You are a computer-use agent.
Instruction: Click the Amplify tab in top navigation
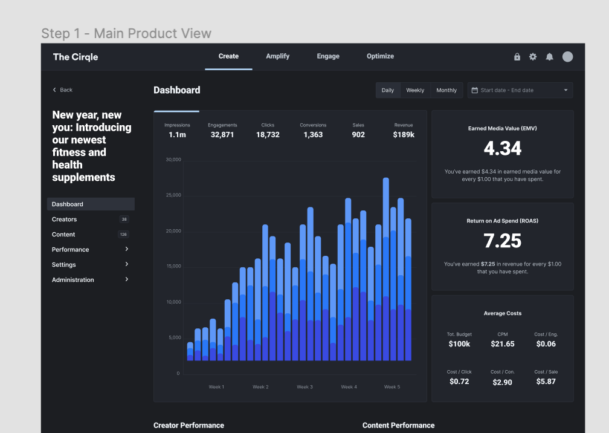point(277,56)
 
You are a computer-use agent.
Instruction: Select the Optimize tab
point(380,56)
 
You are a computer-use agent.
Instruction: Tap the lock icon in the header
point(517,57)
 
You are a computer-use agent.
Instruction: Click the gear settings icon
point(533,57)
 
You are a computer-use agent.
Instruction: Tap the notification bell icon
point(549,57)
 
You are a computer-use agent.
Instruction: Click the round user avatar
point(567,57)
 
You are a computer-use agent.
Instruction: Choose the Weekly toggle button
point(415,90)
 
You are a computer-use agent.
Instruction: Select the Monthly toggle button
point(446,90)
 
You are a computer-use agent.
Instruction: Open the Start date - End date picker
point(520,90)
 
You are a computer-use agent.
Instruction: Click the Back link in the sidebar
point(62,90)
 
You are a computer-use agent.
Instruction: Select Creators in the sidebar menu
point(64,220)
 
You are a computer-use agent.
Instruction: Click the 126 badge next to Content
point(123,235)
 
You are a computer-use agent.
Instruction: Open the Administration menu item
point(73,280)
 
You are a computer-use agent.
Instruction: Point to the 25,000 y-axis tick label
point(173,195)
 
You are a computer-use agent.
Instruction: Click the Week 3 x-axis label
point(304,387)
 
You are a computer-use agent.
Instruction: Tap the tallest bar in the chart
point(386,269)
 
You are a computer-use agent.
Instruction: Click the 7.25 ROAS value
point(502,241)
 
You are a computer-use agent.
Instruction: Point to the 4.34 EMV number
point(502,148)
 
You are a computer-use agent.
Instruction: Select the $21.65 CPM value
point(503,344)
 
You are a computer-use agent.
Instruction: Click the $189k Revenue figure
point(404,135)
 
